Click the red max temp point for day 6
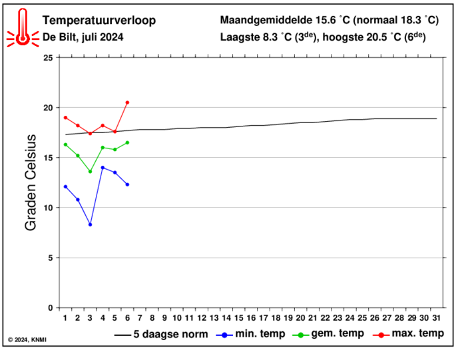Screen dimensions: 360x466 click(127, 102)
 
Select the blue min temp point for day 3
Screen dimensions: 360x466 click(90, 224)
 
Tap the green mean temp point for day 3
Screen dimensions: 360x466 click(90, 172)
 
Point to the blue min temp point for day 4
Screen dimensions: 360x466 click(103, 168)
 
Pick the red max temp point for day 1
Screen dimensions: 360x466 click(65, 117)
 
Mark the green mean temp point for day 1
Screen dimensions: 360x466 click(65, 144)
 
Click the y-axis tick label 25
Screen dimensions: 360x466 click(47, 58)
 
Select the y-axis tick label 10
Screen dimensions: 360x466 click(47, 208)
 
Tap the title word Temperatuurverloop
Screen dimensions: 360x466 click(99, 20)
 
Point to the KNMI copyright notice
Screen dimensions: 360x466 click(27, 340)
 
